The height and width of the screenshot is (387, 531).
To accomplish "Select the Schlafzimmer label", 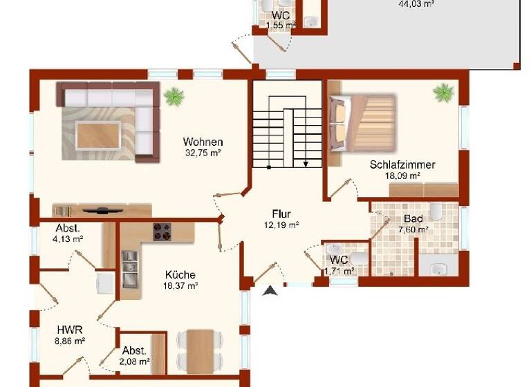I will click(x=402, y=165).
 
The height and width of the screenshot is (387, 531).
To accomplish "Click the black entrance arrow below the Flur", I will click(x=270, y=292).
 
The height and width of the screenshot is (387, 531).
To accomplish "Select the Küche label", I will click(x=180, y=274).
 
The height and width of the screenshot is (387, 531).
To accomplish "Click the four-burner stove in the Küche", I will click(x=162, y=232).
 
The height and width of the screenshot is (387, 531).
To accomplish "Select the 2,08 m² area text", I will click(x=135, y=361).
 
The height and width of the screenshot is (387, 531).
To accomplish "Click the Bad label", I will click(x=413, y=220).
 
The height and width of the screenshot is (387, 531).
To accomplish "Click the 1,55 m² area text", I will click(x=281, y=26).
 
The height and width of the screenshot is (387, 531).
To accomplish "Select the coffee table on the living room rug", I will click(x=100, y=131).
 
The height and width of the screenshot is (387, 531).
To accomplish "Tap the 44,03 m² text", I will click(x=416, y=3).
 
